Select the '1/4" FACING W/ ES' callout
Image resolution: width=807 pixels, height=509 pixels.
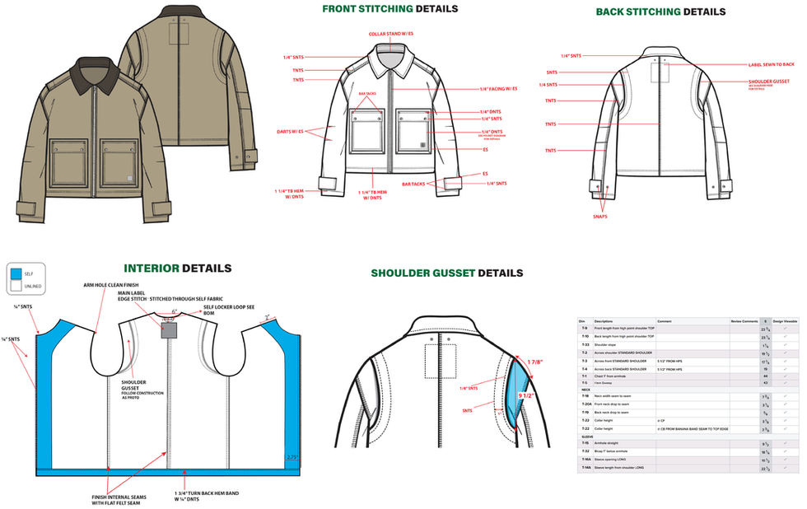(498, 89)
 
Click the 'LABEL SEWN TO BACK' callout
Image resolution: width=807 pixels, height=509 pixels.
(772, 64)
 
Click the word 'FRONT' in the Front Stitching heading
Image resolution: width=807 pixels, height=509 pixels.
(344, 9)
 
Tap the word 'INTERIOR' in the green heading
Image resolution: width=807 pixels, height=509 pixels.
(152, 269)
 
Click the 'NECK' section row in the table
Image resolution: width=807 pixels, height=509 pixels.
(585, 390)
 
